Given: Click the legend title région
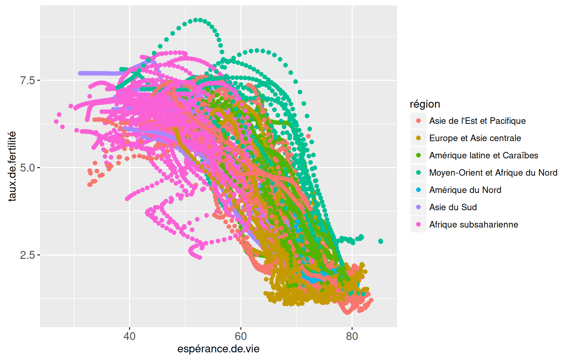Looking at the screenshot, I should click(x=425, y=104).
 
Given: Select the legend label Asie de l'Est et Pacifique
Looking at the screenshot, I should click(x=477, y=121).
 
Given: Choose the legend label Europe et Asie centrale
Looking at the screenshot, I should click(x=475, y=138).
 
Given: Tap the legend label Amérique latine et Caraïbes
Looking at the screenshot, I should click(x=483, y=156).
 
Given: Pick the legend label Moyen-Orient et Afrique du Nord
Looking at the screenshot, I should click(x=493, y=173).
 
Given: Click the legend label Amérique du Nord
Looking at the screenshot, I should click(x=465, y=190).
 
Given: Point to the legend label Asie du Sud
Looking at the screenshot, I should click(x=453, y=207).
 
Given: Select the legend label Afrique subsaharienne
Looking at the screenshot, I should click(x=473, y=225).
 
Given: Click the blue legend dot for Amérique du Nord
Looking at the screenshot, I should click(x=418, y=190).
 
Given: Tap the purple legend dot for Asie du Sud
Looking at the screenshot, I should click(x=418, y=207).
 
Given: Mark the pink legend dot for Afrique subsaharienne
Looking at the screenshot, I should click(x=418, y=224).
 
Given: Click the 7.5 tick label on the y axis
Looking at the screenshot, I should click(x=27, y=80).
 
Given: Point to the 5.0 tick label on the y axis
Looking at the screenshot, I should click(x=27, y=168).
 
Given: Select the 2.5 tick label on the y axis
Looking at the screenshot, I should click(x=27, y=255).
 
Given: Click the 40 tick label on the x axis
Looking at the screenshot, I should click(x=129, y=336).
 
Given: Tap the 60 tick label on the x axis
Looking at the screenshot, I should click(x=240, y=336).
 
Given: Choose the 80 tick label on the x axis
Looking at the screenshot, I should click(x=352, y=336).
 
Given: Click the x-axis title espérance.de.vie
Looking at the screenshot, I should click(x=218, y=349).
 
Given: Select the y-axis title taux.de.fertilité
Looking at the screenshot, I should click(x=12, y=166).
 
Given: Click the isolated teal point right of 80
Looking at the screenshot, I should click(x=381, y=241).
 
